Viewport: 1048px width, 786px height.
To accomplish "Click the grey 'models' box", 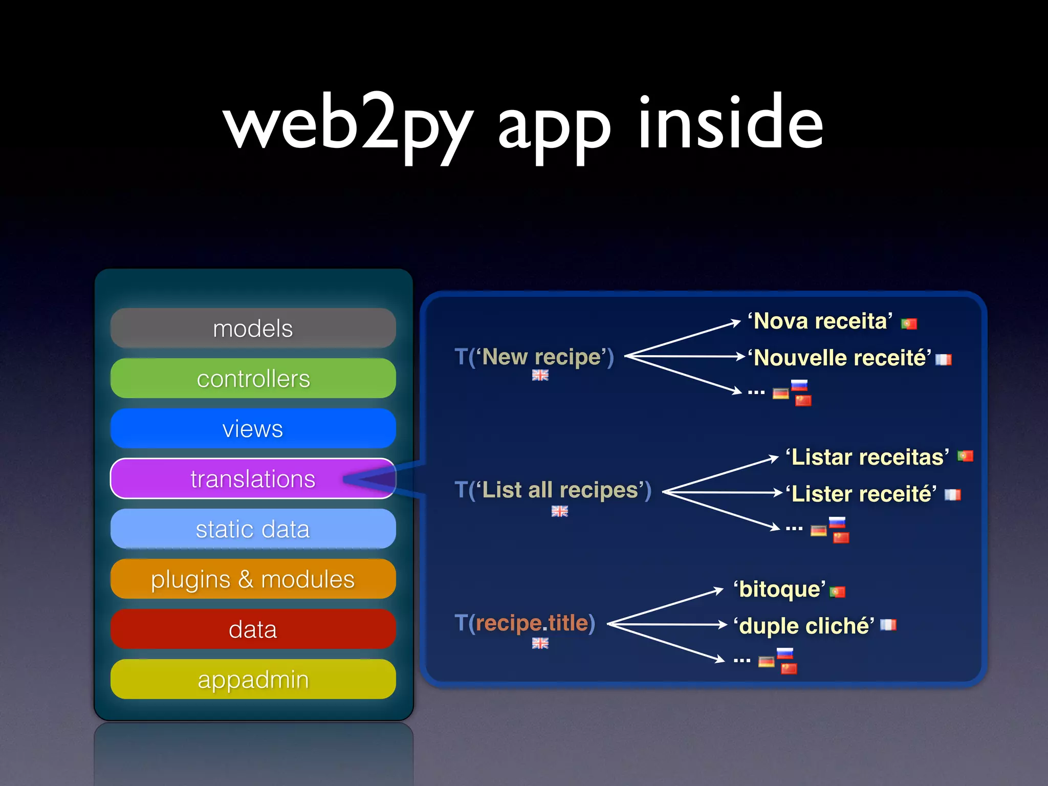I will point(253,329).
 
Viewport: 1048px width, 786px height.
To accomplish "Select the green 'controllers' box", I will point(253,379).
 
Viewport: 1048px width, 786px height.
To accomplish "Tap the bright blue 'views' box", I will point(253,429).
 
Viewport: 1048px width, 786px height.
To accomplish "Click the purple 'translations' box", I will point(253,479).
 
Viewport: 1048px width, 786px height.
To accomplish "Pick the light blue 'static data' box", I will point(253,529).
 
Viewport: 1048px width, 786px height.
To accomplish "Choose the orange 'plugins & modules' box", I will point(253,579).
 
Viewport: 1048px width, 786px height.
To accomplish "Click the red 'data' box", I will point(253,629).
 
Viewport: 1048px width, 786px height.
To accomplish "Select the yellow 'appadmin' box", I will point(253,680).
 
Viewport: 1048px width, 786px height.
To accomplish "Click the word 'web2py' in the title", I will point(348,125).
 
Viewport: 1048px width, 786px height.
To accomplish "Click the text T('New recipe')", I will point(534,357).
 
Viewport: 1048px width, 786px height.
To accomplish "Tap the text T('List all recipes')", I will point(553,490).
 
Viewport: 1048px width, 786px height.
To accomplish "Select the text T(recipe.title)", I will point(525,623).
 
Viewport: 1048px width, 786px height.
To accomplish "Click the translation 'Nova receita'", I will point(820,321).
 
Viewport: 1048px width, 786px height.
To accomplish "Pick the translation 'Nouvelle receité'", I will point(839,358).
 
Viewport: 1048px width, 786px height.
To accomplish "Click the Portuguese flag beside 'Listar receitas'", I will point(965,455).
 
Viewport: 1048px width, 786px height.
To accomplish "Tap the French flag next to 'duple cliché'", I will point(888,625).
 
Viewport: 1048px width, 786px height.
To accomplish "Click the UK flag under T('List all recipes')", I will point(559,511).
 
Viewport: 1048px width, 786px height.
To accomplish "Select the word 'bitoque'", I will point(779,589).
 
